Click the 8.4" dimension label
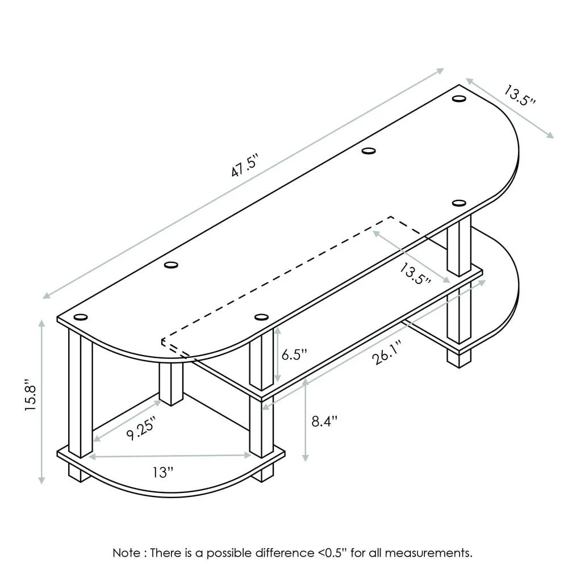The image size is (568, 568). [324, 421]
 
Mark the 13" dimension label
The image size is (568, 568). [162, 472]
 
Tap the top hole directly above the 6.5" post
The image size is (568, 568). [261, 317]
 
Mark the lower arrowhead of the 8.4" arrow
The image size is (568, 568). [307, 459]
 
